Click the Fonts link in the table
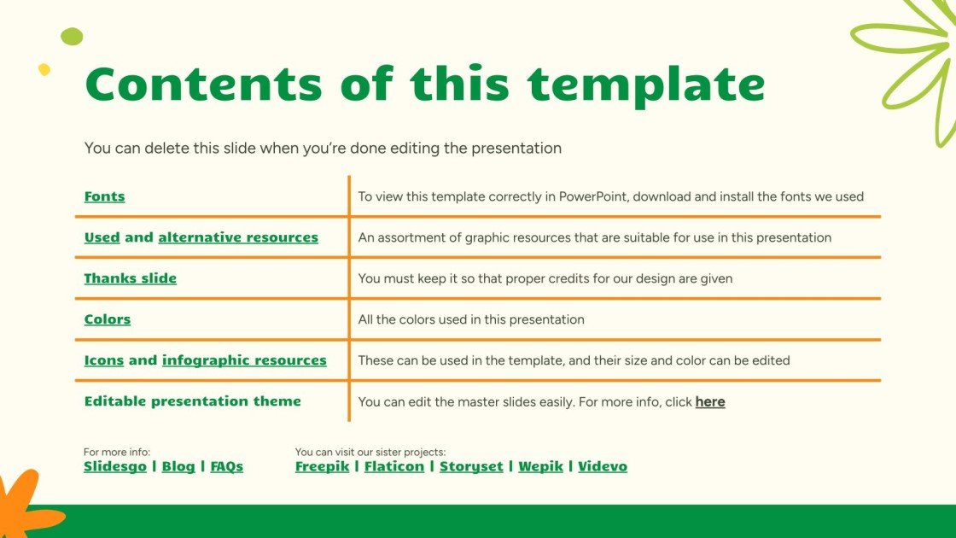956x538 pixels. [104, 196]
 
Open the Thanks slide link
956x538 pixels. [130, 278]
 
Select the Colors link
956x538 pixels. [107, 319]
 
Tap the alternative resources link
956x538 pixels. [238, 237]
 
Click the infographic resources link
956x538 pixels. [244, 360]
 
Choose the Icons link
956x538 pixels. [103, 360]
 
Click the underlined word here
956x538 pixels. [710, 401]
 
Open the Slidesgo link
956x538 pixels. [114, 466]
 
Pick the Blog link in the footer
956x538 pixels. [178, 466]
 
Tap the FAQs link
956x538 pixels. [226, 466]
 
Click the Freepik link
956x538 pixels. [322, 466]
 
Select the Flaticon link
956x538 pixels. [393, 466]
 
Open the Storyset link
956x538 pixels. [471, 466]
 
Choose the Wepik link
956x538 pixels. [540, 466]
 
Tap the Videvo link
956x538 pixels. [603, 466]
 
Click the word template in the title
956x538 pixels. [645, 85]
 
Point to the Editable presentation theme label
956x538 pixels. [192, 401]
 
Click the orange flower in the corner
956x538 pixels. [21, 508]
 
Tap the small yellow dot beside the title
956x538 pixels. [44, 69]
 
